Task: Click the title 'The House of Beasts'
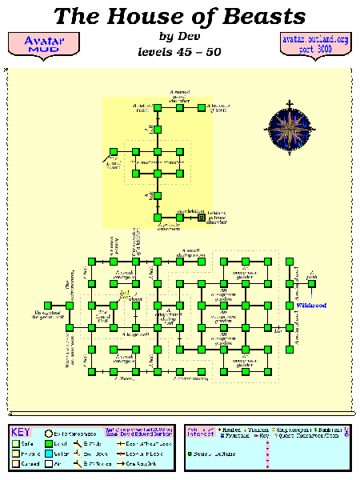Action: pos(179,15)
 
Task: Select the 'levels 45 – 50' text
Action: pos(179,53)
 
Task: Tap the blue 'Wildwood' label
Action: pos(311,305)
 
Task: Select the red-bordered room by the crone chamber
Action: pos(201,217)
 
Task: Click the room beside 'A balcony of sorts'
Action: pos(202,108)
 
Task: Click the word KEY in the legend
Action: pos(21,433)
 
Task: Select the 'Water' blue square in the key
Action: pos(50,453)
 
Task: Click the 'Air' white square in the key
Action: pos(50,463)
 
